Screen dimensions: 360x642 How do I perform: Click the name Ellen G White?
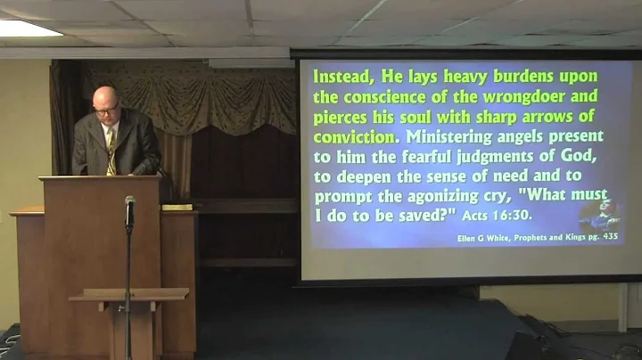click(x=483, y=236)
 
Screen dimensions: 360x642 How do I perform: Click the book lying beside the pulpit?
click(x=177, y=207)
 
